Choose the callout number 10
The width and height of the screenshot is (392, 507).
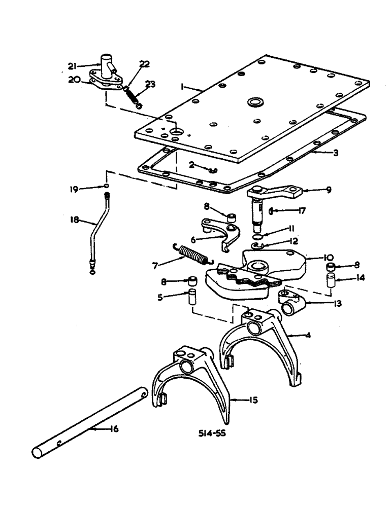324,257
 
